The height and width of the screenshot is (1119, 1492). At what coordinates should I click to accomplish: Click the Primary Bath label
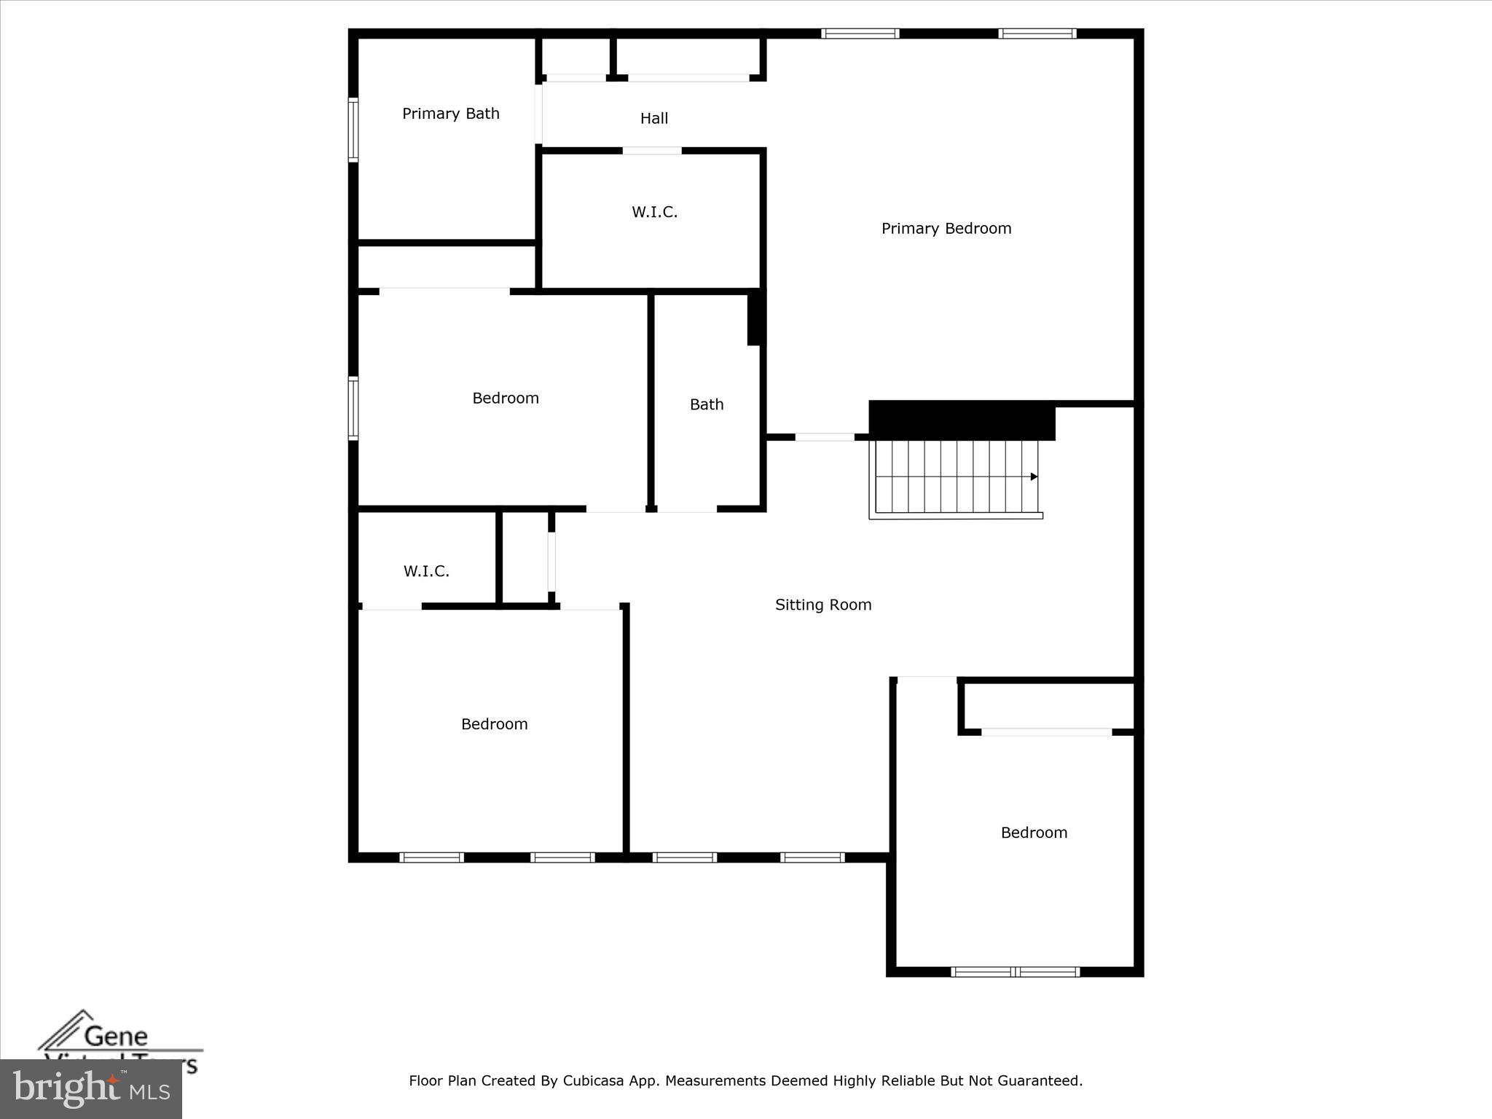tap(451, 114)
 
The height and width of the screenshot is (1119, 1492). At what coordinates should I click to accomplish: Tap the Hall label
tap(654, 118)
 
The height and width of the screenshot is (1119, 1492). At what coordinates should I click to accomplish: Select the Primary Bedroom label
tap(946, 229)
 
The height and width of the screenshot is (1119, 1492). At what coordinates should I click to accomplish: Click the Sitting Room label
tap(823, 605)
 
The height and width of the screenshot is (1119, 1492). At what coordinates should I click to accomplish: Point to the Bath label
tap(707, 404)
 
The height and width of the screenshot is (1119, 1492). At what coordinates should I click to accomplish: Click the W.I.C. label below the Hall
tap(654, 212)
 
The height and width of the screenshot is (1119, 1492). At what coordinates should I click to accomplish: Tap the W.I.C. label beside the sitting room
tap(426, 571)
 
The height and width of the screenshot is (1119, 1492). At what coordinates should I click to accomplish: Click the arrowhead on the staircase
tap(1034, 477)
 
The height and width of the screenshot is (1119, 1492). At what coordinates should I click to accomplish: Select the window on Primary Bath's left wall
tap(353, 129)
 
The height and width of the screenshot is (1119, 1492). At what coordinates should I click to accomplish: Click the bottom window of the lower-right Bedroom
tap(1015, 971)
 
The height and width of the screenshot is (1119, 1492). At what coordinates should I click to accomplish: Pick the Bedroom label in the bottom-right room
tap(1034, 833)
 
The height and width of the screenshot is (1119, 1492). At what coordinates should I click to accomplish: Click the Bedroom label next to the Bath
tap(506, 398)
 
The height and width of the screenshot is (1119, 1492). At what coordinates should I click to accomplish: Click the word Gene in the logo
tap(116, 1035)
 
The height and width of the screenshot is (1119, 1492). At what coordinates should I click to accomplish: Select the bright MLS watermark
tap(91, 1089)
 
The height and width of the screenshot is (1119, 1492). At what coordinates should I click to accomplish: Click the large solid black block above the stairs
tap(962, 420)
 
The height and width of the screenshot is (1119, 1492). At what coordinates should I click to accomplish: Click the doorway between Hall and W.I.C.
tap(652, 151)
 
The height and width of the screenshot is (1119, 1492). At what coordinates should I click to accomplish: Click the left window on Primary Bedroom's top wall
tap(860, 34)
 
